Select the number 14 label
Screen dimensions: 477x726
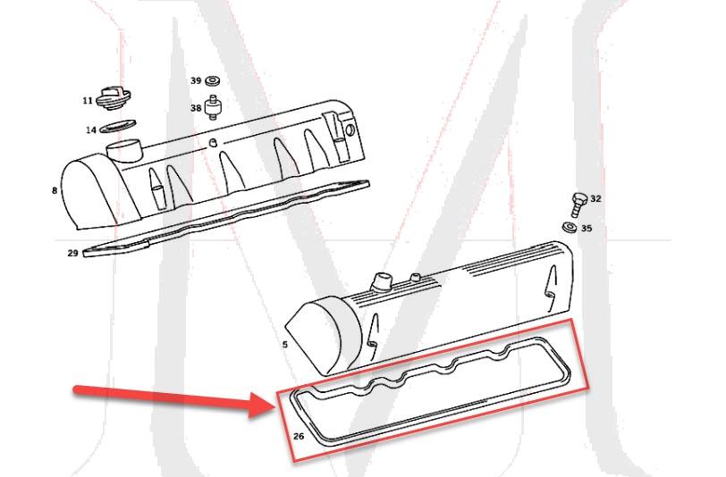click(x=91, y=130)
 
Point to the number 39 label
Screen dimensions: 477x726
click(x=196, y=80)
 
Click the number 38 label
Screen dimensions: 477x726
click(x=196, y=107)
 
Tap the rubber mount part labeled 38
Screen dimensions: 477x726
click(x=214, y=109)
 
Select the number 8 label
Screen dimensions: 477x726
click(x=55, y=189)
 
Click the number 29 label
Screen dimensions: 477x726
click(x=73, y=253)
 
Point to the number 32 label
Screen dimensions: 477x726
click(x=596, y=198)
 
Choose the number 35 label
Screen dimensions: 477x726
click(x=587, y=229)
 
